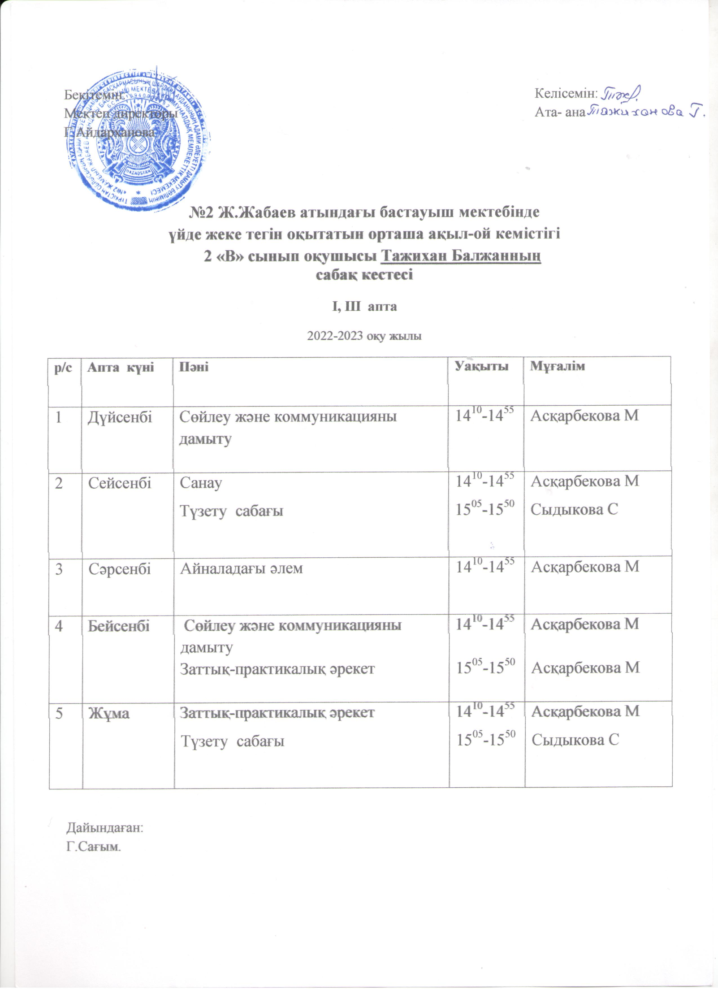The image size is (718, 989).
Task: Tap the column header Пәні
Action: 194,367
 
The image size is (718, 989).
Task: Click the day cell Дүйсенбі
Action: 120,417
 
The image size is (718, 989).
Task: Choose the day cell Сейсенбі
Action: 120,483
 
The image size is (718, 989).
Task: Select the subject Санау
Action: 201,483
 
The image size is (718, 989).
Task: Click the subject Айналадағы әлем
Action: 242,568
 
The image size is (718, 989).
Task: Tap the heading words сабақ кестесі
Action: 364,274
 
